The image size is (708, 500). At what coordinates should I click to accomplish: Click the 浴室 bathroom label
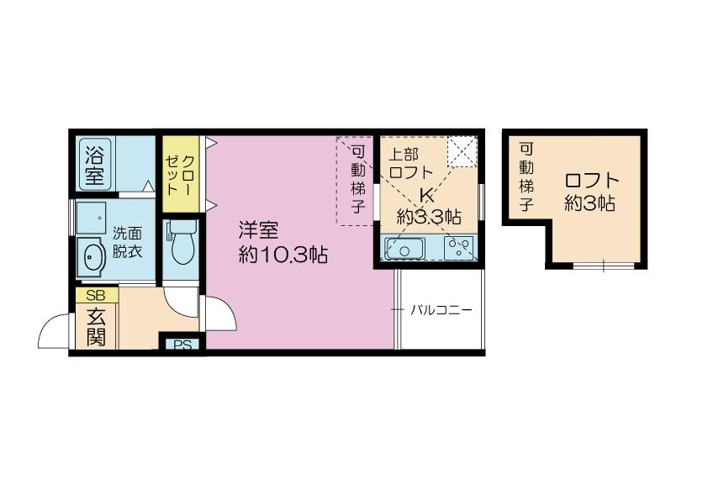point(94,164)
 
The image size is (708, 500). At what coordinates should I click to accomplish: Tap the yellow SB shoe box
point(97,295)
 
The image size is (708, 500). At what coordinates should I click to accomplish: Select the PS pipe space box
point(182,345)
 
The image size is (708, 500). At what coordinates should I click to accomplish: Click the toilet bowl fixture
point(182,242)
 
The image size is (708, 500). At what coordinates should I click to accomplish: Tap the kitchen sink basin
point(404,249)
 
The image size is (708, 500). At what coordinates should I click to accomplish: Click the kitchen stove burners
point(459,248)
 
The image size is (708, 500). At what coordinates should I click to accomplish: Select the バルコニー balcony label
point(441,310)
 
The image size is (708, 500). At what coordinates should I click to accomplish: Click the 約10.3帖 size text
point(283,255)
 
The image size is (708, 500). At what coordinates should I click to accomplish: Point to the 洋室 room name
point(259,230)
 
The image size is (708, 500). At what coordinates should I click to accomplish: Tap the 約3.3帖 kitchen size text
point(429,217)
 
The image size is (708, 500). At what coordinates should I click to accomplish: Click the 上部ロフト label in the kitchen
point(410,163)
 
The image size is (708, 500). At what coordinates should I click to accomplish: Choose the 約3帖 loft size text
point(589,204)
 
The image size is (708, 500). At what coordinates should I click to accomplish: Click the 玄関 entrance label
point(96,326)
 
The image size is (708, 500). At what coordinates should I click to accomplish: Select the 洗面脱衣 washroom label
point(127,242)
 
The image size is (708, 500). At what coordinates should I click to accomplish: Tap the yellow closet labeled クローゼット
point(181,174)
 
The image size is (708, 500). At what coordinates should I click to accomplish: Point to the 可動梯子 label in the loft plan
point(526,177)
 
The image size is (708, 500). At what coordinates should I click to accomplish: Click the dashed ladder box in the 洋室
point(356,181)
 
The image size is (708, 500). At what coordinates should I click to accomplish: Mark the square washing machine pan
point(91,218)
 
